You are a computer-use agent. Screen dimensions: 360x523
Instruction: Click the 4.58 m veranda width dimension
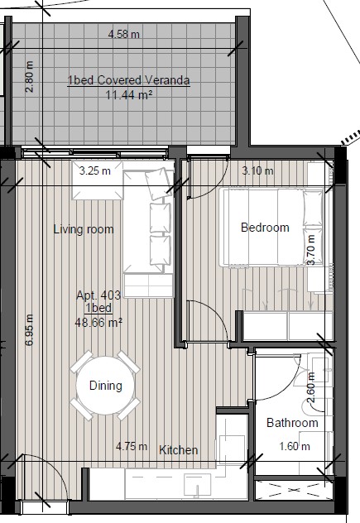coord(124,35)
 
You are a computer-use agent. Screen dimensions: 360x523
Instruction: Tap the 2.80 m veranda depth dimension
coord(30,77)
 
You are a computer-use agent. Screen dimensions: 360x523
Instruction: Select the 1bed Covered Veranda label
coord(129,80)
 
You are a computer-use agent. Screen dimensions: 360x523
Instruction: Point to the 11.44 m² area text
coord(129,95)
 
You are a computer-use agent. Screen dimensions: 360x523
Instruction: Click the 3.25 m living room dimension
coord(95,171)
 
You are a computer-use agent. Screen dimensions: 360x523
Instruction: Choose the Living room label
coord(84,229)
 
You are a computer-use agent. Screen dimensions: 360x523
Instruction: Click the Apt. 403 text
coord(98,295)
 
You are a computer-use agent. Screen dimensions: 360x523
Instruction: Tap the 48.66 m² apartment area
coord(98,323)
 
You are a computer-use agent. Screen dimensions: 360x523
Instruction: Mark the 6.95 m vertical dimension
coord(29,330)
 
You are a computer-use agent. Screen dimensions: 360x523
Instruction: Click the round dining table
coord(105,386)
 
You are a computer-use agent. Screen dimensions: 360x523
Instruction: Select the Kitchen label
coord(179,450)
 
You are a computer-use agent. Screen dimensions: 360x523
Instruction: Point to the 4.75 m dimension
coord(132,446)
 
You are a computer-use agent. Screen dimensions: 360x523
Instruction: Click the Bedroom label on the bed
coord(265,228)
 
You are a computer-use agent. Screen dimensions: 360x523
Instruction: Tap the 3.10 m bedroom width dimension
coord(257,171)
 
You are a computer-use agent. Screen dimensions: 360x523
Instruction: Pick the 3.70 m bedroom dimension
coord(311,250)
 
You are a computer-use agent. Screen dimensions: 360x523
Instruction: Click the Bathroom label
coord(292,423)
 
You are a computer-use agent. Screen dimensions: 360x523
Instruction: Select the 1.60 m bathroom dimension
coord(295,446)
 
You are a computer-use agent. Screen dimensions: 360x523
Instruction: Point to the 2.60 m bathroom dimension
coord(311,387)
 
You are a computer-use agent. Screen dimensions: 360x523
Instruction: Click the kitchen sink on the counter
coord(198,484)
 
